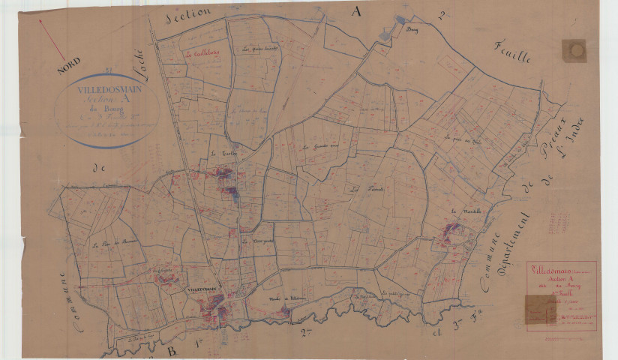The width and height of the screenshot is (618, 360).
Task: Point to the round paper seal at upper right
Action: [574, 50]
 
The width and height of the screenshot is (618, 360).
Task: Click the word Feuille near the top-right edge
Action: [512, 52]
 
